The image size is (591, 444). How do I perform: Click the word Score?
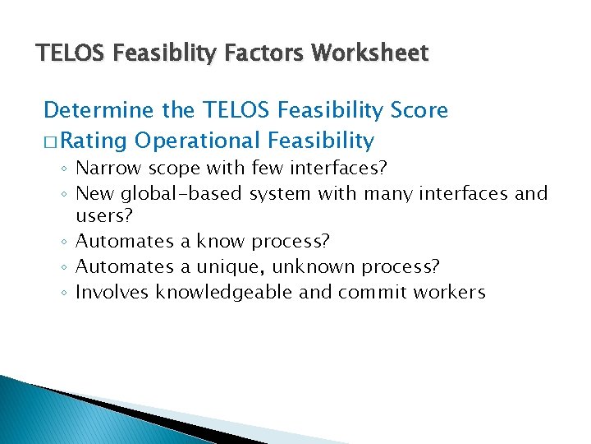coord(419,110)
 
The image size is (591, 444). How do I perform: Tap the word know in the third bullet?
coord(222,242)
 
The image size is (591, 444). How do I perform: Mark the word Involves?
coord(112,292)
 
